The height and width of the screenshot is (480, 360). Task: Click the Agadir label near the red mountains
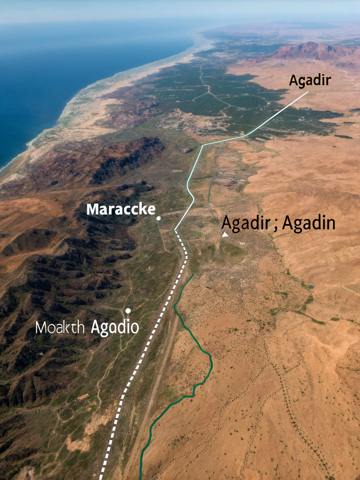coord(310,81)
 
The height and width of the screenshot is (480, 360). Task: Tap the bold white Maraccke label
coord(121,209)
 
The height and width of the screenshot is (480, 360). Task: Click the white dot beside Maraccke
coord(159,218)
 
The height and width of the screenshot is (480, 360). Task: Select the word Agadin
coord(309,223)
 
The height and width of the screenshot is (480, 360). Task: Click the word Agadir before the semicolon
coord(246,223)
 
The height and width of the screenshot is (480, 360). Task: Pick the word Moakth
coord(60,328)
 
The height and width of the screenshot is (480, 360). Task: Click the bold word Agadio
coord(115,327)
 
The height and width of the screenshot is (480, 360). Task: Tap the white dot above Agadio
coord(128,311)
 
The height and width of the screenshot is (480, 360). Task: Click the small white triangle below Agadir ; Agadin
coord(225,234)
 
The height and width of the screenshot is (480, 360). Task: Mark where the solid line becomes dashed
coord(175,230)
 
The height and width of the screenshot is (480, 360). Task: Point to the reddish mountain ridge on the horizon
coord(309,51)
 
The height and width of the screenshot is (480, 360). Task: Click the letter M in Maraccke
coord(92,209)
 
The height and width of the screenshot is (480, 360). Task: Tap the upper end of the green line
coord(193,274)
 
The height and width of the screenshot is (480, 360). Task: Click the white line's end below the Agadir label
coord(308,92)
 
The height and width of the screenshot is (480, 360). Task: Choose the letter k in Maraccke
coord(142,209)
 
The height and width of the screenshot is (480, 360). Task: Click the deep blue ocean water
coord(53,70)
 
